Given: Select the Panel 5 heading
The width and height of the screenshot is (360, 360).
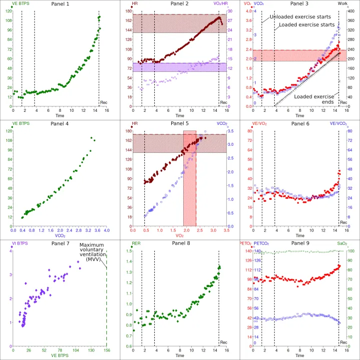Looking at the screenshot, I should click(180, 124).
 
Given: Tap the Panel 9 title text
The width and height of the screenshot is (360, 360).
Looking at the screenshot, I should click(300, 244).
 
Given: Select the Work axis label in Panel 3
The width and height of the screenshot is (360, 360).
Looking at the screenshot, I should click(342, 4).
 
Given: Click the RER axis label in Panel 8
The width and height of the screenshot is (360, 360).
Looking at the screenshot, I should click(136, 244).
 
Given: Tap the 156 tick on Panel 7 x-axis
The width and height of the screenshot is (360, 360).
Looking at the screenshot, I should click(106, 351).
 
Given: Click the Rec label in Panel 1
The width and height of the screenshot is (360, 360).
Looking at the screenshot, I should click(104, 103).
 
